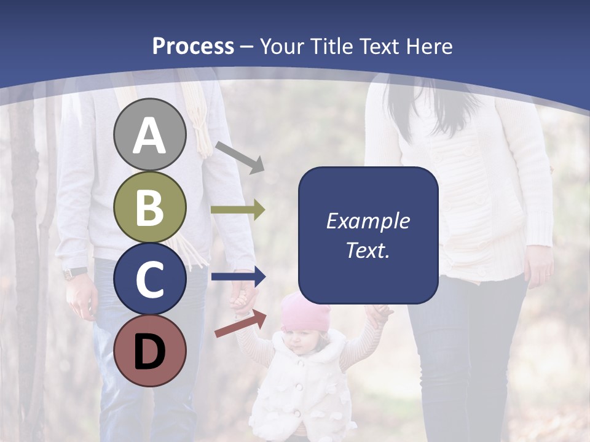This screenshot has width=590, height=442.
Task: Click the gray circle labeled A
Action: [x=150, y=134]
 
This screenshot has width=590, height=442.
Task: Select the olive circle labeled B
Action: [x=150, y=207]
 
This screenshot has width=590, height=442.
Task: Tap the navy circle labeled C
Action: [x=150, y=279]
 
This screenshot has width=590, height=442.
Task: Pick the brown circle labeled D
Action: [x=150, y=351]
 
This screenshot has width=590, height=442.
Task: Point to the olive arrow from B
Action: [x=238, y=210]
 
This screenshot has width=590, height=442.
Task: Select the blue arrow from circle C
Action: [x=238, y=277]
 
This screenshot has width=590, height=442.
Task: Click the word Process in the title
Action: [x=193, y=46]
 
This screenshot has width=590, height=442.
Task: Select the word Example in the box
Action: [x=368, y=221]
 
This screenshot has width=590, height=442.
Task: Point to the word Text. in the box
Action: [x=368, y=250]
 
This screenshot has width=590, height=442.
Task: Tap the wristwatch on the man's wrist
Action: [x=75, y=273]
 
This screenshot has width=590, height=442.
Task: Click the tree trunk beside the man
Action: [x=25, y=246]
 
